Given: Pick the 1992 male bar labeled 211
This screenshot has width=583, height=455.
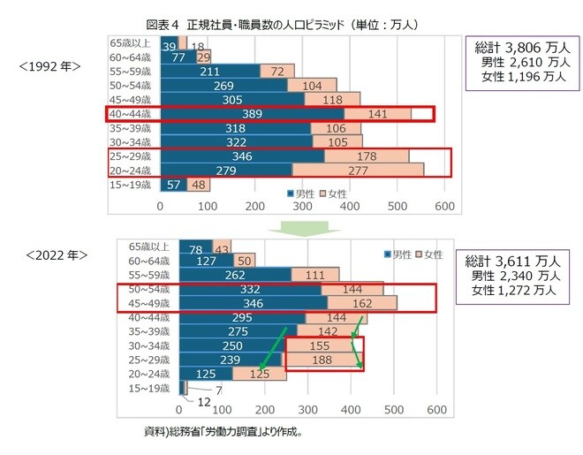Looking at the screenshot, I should coord(210,72).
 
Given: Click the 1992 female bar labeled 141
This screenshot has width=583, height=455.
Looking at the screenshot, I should coord(377,114).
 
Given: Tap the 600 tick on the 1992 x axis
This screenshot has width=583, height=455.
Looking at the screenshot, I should coord(445,207).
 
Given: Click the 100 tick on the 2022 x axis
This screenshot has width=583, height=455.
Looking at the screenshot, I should coord(223,411).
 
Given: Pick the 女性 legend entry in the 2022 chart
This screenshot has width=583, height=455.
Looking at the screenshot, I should coord(428,254).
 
